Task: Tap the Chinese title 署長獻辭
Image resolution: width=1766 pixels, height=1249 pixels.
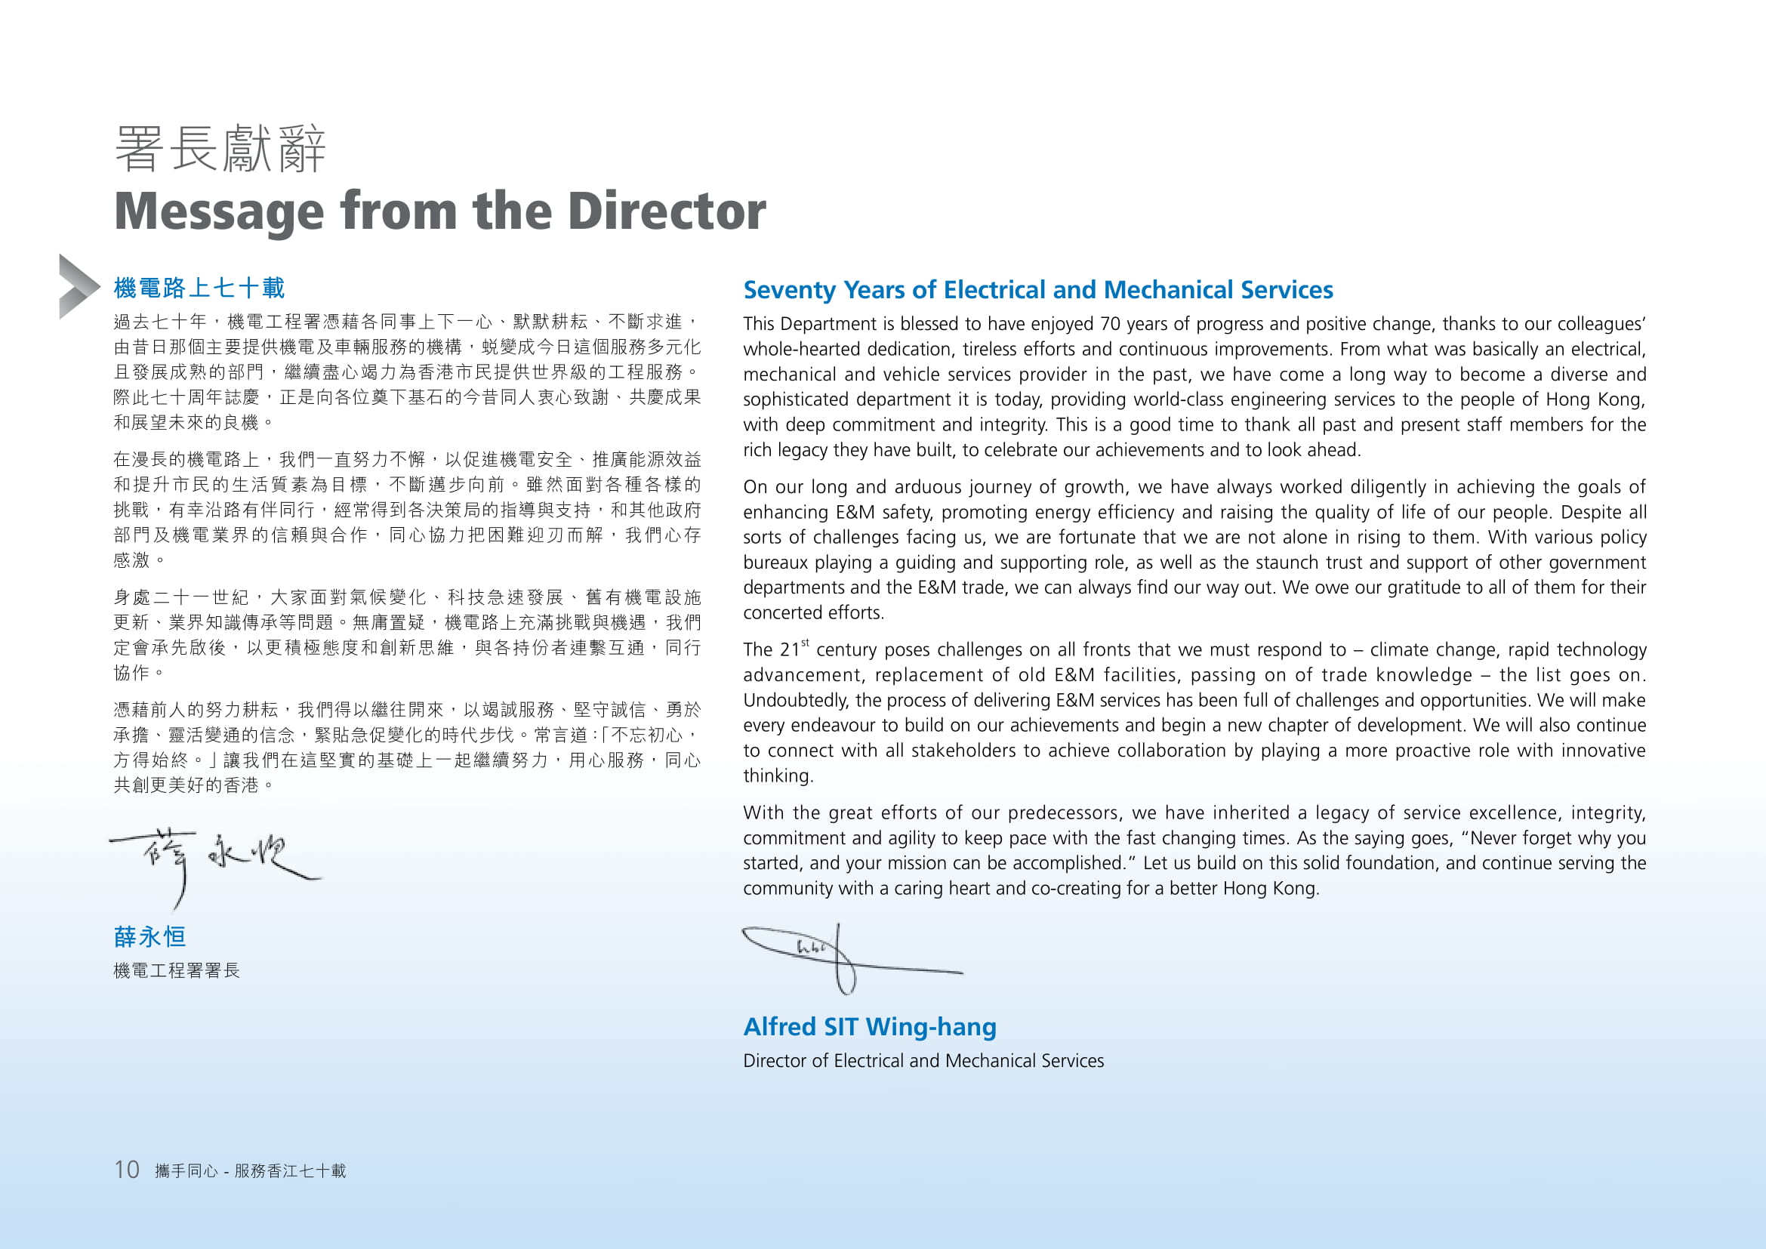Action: (220, 149)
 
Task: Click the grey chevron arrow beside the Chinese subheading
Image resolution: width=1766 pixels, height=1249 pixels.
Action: (78, 286)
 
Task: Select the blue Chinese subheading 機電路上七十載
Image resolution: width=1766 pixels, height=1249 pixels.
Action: (199, 288)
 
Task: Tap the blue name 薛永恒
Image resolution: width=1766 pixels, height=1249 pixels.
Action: (150, 936)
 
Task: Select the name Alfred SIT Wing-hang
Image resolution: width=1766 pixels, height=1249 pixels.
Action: (869, 1027)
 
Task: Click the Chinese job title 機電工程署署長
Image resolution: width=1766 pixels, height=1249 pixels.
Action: (177, 970)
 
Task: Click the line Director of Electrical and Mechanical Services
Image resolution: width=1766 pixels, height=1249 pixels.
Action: (923, 1060)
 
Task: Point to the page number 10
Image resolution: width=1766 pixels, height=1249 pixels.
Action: (127, 1170)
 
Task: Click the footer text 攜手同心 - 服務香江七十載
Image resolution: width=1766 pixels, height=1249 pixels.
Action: (250, 1170)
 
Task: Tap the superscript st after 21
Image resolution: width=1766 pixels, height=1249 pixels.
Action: (806, 642)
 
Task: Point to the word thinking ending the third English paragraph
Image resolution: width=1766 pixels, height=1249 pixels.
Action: (777, 776)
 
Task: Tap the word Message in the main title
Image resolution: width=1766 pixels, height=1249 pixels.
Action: (219, 211)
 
